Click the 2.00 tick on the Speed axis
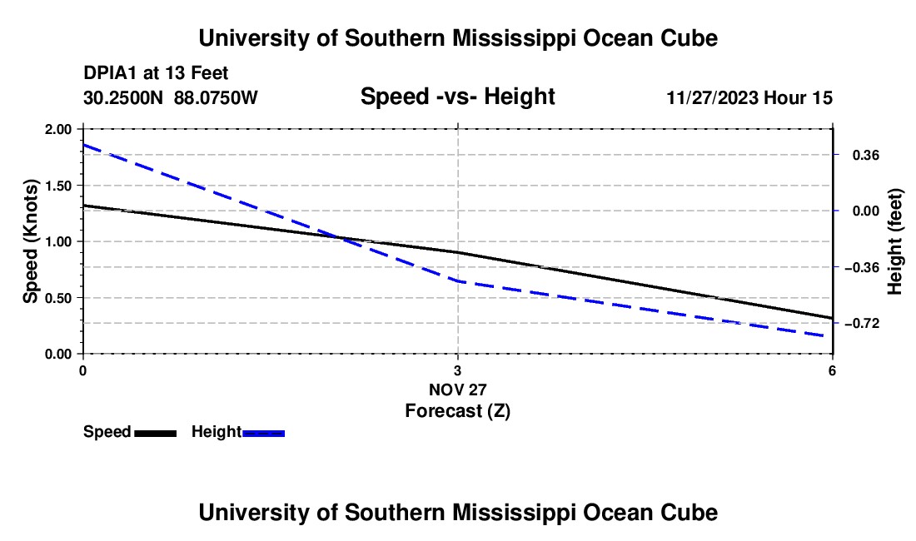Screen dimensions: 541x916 coord(58,129)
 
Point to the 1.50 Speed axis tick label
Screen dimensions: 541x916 coord(58,186)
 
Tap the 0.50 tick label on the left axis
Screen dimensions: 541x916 coord(58,298)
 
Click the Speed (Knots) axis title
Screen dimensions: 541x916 coord(31,241)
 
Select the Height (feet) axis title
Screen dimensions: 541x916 coord(895,241)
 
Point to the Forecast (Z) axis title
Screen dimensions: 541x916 coord(457,410)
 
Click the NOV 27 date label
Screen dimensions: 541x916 coord(457,390)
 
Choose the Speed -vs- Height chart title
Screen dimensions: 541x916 coord(457,97)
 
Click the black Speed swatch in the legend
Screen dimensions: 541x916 coord(155,433)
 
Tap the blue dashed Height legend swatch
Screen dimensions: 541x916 coord(263,433)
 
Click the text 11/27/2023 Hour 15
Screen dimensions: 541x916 coord(749,98)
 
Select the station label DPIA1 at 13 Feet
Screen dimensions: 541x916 coord(156,74)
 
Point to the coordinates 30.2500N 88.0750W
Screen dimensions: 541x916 coord(171,98)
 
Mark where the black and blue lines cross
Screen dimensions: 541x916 coord(342,239)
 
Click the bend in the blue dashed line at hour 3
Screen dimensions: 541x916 coord(458,281)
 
